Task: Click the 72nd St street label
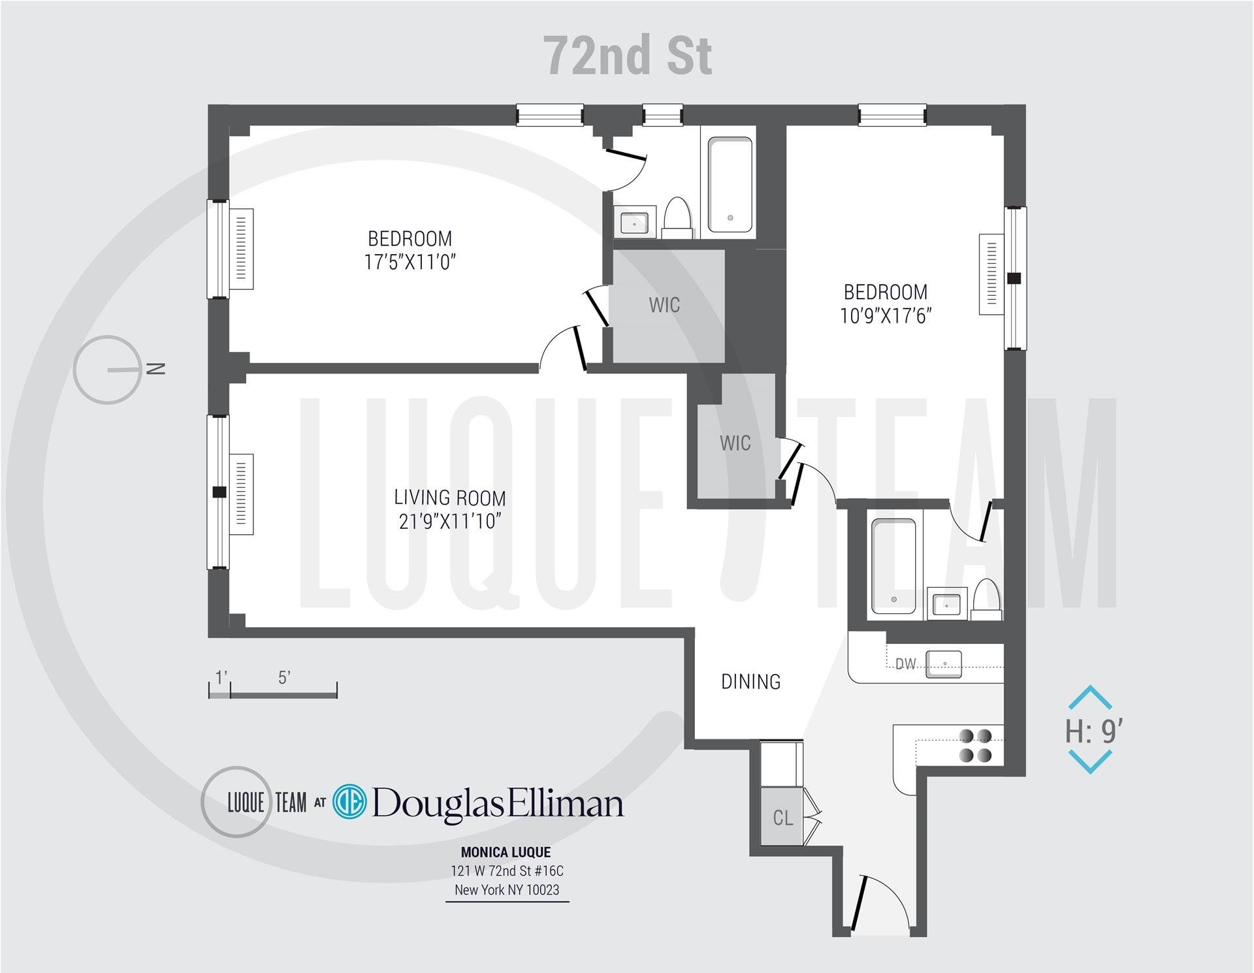tap(628, 56)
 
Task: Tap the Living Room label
tap(449, 498)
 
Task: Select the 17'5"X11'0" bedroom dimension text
tap(410, 263)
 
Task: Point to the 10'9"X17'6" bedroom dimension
tap(886, 316)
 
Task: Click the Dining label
tap(750, 682)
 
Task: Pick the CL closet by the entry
tap(782, 818)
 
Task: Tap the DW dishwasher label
tap(905, 664)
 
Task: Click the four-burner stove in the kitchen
tap(975, 746)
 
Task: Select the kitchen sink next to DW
tap(944, 663)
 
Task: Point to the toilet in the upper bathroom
tap(677, 218)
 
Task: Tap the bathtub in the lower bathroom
tap(893, 566)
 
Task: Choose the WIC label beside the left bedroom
tap(664, 305)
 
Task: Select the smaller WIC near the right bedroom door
tap(735, 443)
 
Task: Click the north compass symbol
tap(108, 370)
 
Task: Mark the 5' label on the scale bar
tap(283, 678)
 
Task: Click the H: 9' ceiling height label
tap(1093, 732)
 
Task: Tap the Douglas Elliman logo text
tap(498, 804)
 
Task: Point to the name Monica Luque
tap(506, 852)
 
